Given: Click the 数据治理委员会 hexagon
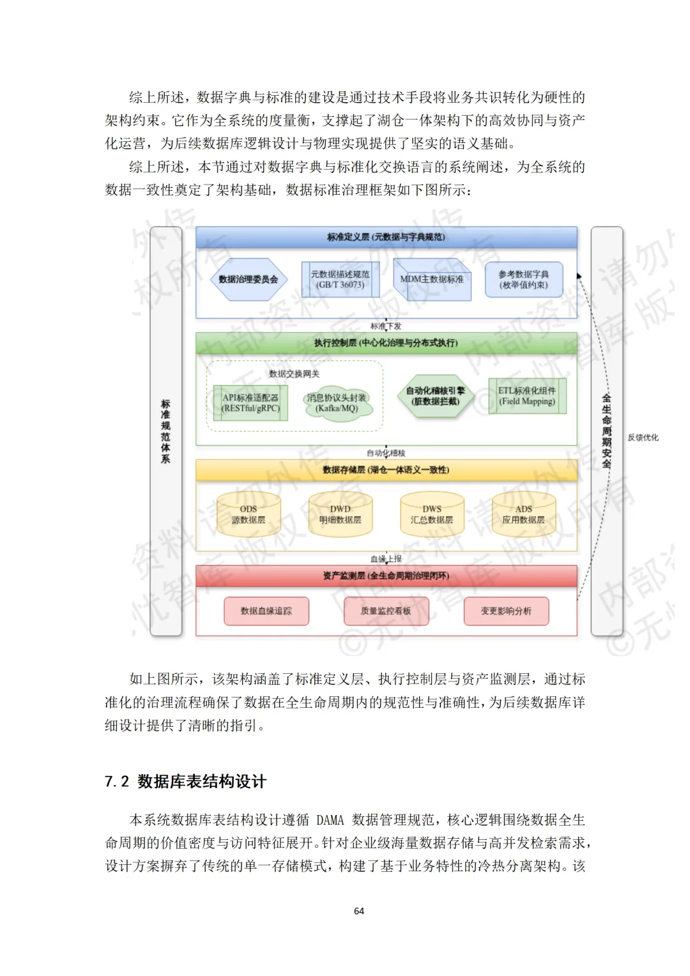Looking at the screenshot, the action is [x=249, y=279].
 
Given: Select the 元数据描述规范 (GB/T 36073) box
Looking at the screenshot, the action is [x=340, y=279].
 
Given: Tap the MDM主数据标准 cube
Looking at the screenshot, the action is [x=432, y=279].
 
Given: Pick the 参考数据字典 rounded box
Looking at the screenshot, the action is [x=524, y=279].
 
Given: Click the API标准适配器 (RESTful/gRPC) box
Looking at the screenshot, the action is [x=250, y=402].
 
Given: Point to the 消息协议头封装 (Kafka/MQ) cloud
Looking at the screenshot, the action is [x=337, y=402].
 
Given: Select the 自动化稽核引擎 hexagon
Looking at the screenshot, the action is [x=436, y=396].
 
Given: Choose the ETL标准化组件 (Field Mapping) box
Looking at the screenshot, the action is [x=527, y=396].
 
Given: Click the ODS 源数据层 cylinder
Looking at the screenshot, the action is [x=249, y=514].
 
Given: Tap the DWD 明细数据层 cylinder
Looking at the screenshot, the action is [x=341, y=514].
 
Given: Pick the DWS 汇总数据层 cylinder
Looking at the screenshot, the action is [x=432, y=514].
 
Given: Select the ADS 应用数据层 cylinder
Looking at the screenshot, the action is [x=524, y=514].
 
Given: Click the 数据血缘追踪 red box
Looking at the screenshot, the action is [x=266, y=611].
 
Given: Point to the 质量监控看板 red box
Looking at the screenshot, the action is [x=386, y=611].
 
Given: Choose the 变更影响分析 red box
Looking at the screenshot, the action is [x=506, y=611].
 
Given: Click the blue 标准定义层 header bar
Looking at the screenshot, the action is [x=386, y=237].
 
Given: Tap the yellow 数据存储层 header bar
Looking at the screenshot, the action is [x=386, y=469].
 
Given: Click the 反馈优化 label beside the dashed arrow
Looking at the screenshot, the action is [x=643, y=438].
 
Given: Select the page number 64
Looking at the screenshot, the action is [x=359, y=911].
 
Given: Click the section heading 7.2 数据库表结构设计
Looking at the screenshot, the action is [x=185, y=781].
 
